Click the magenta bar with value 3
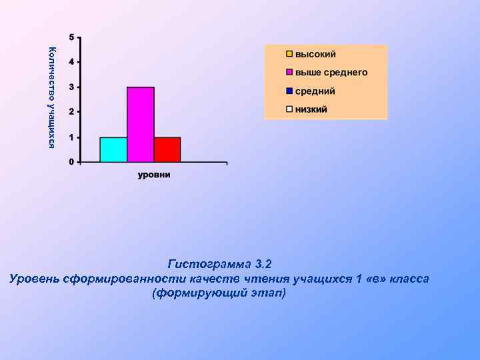[141, 124]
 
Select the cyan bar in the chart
[113, 149]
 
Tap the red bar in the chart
[167, 149]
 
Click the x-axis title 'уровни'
[154, 175]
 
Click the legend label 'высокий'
[315, 54]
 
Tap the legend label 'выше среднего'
[331, 72]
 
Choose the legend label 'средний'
[315, 91]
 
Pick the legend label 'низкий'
[311, 109]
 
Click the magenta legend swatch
[289, 72]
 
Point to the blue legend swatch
[289, 91]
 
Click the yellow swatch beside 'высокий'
[289, 54]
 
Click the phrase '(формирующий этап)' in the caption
[219, 293]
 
